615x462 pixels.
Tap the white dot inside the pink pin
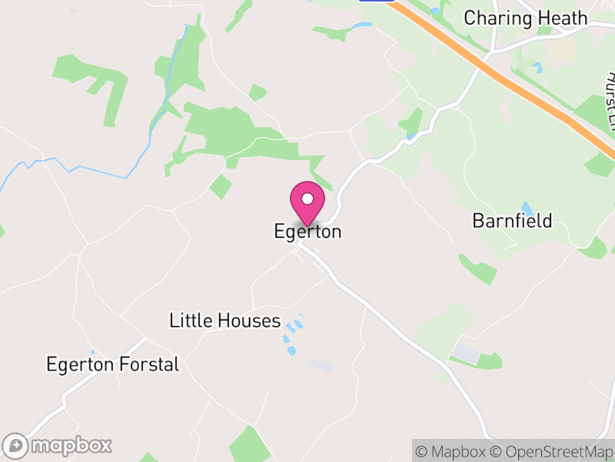(x=307, y=199)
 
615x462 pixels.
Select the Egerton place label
(x=307, y=231)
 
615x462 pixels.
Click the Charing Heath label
(x=526, y=18)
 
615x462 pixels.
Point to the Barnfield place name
(x=512, y=221)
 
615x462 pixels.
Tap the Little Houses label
(x=225, y=320)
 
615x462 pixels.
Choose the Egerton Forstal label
(x=112, y=364)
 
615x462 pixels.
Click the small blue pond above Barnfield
(x=527, y=208)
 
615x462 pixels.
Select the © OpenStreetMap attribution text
(x=550, y=451)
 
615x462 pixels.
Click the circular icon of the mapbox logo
(x=15, y=446)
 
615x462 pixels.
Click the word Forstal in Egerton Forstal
(x=148, y=364)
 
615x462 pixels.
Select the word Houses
(x=249, y=320)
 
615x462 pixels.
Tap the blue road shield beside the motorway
(x=377, y=2)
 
